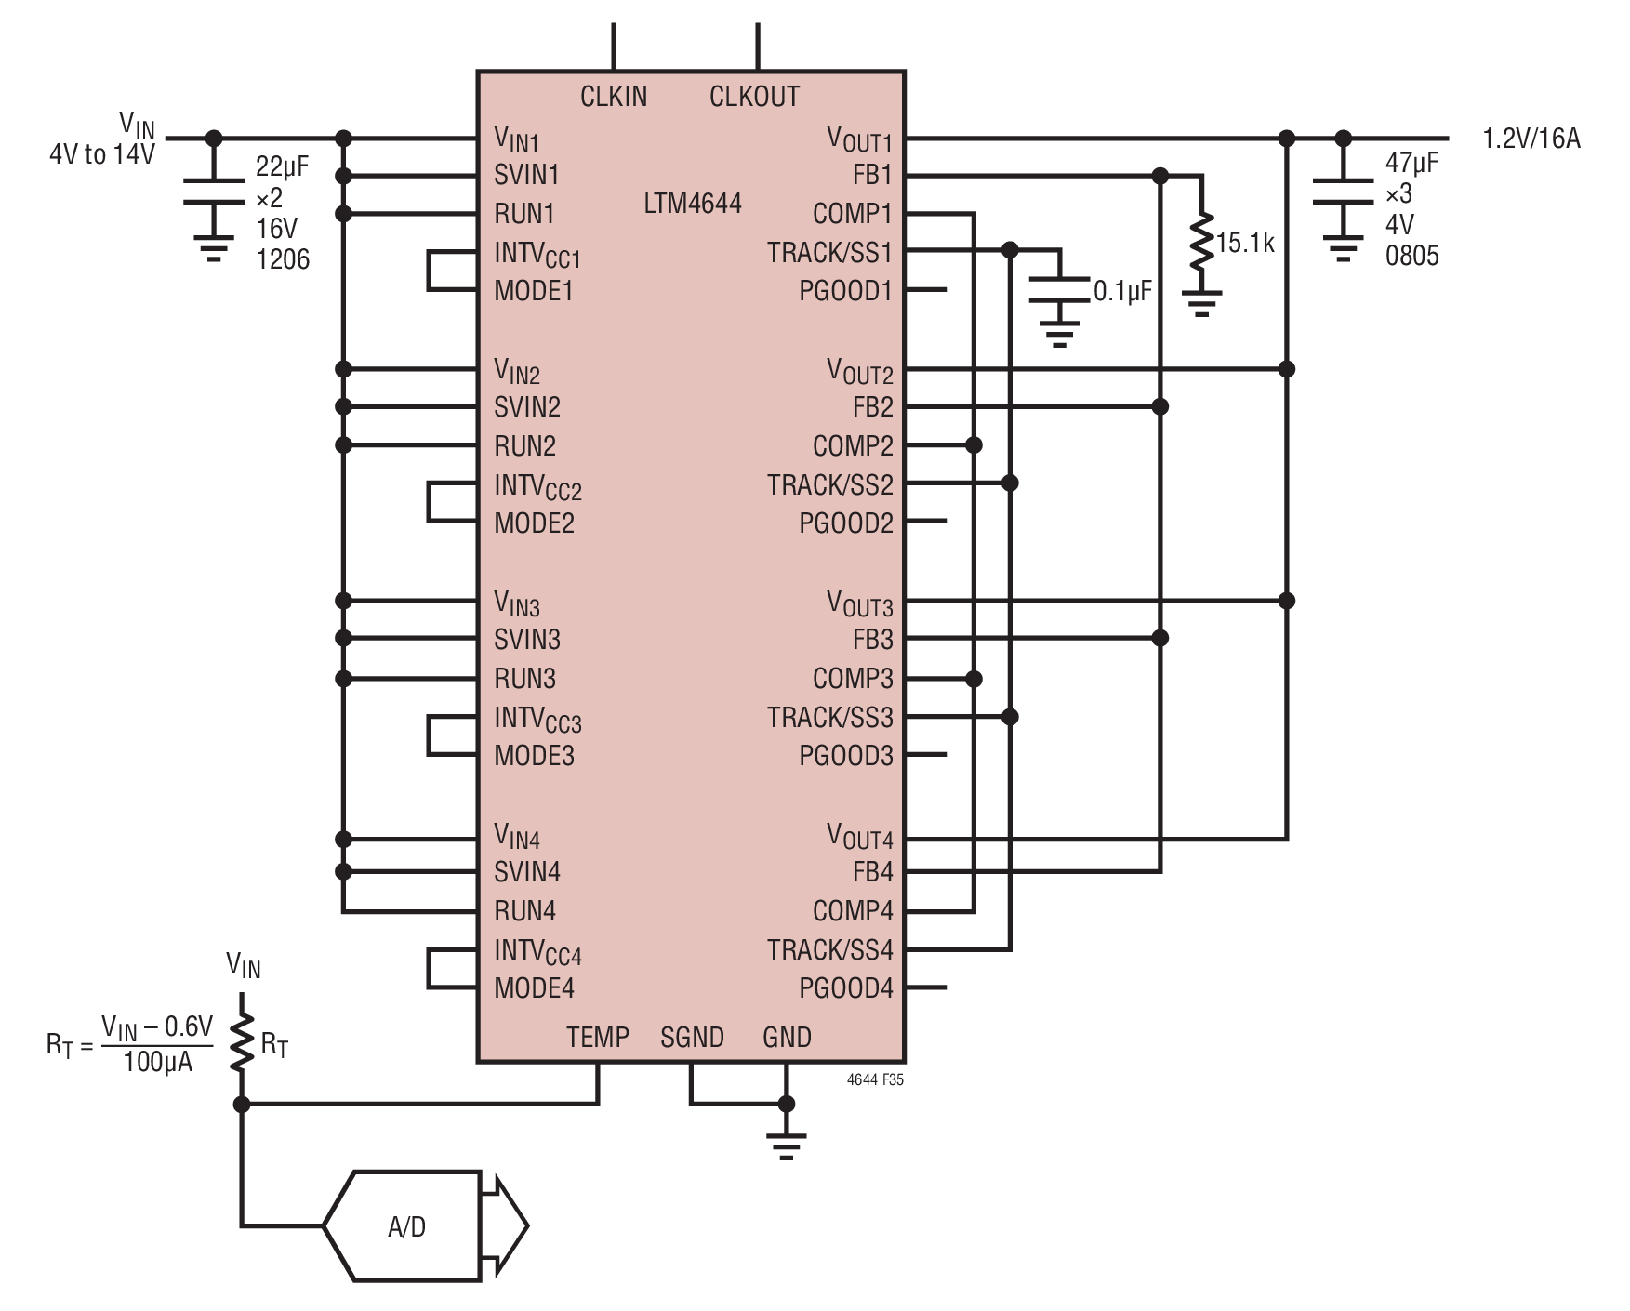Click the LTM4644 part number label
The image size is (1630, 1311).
693,203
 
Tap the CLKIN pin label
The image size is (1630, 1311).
614,96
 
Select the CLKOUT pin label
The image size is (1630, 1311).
754,96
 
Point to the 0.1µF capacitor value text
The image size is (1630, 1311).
1122,291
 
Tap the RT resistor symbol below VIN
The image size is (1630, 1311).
242,1044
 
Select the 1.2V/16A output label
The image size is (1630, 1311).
1531,139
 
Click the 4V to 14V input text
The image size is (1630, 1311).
102,154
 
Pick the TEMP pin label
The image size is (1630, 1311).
598,1037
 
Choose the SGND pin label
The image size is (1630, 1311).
692,1037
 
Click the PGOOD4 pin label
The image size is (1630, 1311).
845,987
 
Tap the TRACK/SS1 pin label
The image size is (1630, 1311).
829,252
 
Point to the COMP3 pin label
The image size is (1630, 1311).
853,678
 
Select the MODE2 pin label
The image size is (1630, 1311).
534,523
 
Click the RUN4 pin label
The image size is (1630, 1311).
524,910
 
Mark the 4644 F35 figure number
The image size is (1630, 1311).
875,1079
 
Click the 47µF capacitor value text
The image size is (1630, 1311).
1411,163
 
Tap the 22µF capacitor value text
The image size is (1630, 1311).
282,167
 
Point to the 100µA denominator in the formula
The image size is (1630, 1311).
158,1062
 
